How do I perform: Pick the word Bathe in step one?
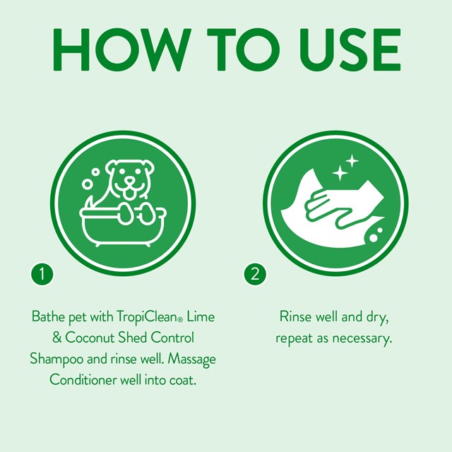pyautogui.click(x=48, y=317)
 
